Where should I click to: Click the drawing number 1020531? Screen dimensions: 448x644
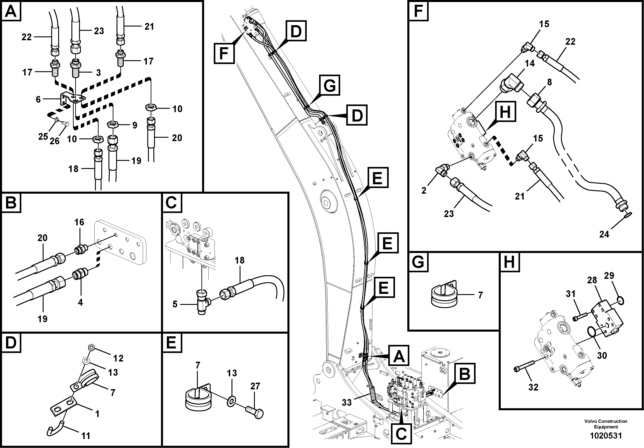coord(606,436)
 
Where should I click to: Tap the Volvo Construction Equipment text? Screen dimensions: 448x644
coord(606,424)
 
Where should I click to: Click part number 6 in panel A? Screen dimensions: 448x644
coord(38,99)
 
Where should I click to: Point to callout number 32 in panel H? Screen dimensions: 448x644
coord(533,387)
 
